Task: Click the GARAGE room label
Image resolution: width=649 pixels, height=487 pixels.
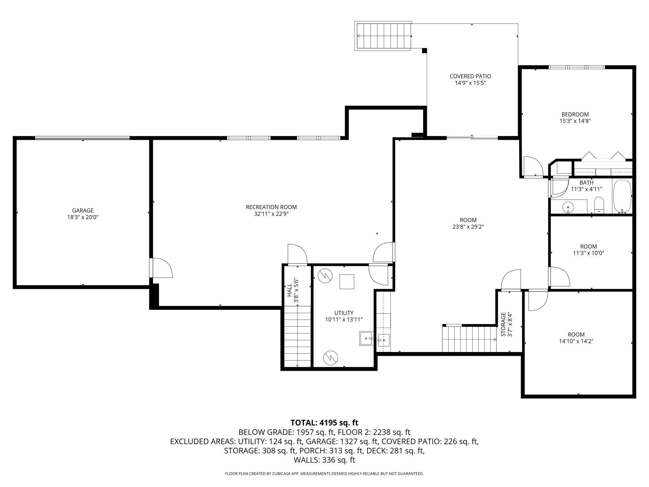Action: coord(83,210)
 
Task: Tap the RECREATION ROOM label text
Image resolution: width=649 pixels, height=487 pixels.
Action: coord(271,207)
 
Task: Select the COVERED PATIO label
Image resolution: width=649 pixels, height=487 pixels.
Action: coord(470,76)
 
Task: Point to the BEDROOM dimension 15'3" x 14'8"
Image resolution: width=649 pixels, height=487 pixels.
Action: coord(575,121)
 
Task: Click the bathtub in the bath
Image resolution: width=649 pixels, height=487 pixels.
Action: coord(622,196)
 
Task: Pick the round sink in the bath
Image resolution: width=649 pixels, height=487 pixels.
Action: coord(568,207)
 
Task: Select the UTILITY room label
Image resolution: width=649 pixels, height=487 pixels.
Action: coord(344,313)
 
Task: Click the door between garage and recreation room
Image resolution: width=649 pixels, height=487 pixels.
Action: coord(161,268)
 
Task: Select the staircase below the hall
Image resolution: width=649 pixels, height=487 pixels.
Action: coord(298,337)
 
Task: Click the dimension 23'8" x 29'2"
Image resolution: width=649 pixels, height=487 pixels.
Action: coord(468,227)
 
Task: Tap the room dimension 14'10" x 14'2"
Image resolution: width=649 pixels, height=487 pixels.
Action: coord(576,341)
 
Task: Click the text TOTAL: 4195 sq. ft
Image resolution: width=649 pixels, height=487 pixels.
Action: coord(324,423)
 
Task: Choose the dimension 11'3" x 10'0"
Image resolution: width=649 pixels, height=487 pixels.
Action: coord(588,253)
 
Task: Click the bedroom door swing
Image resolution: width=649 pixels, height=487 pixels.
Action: coord(533,166)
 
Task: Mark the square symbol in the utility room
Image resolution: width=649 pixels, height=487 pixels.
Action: coord(347,282)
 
